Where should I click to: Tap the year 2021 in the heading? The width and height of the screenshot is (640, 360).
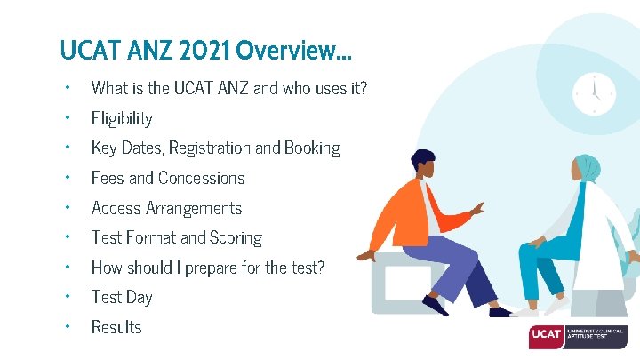[201, 50]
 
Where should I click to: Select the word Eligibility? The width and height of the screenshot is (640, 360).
[122, 118]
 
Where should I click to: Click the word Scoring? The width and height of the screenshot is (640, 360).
[236, 237]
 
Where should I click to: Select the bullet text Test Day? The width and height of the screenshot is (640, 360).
[122, 297]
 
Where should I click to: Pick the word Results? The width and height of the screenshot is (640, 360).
[116, 327]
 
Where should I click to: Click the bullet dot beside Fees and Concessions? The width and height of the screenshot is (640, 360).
[66, 178]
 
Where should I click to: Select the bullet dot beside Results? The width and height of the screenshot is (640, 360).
[66, 327]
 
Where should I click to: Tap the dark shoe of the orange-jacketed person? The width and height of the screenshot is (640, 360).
[436, 305]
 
